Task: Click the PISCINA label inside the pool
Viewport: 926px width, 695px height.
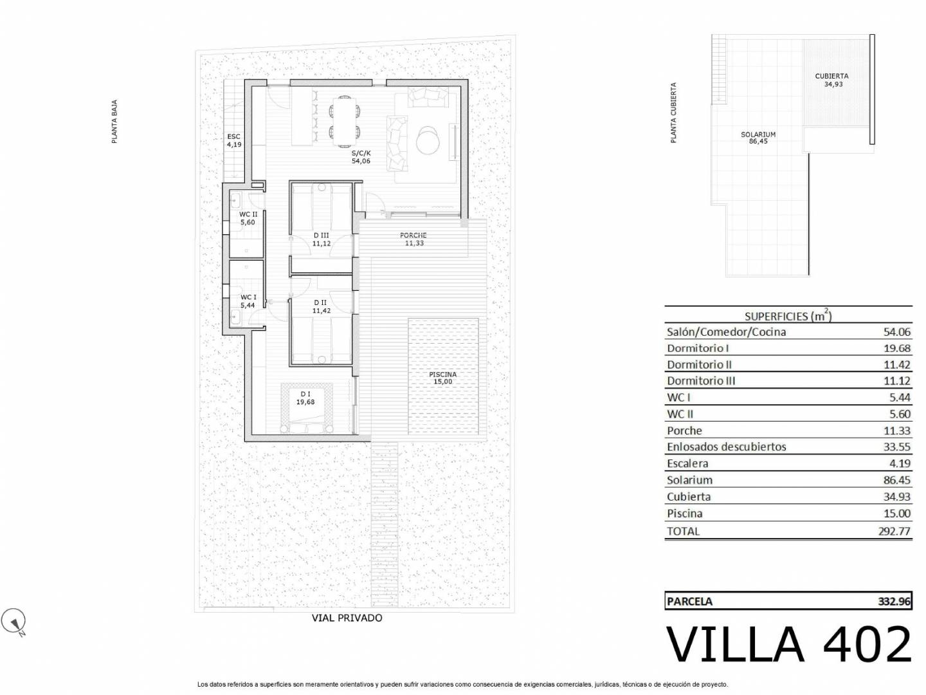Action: tap(442, 378)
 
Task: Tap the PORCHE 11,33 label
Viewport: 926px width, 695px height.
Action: tap(413, 239)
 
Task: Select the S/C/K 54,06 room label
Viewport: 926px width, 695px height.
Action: tap(361, 156)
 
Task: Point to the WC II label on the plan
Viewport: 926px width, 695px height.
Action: tap(248, 214)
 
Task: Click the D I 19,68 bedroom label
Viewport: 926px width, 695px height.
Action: tap(305, 398)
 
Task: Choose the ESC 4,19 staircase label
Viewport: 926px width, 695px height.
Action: tap(233, 140)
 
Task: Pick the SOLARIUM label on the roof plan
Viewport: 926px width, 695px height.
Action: tap(758, 134)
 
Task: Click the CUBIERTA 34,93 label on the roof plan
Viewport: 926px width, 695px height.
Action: tap(831, 80)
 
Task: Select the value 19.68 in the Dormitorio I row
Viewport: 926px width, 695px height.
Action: tap(897, 348)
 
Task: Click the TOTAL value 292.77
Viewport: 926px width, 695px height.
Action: tap(894, 531)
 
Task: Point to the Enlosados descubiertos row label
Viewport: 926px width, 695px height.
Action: tap(727, 447)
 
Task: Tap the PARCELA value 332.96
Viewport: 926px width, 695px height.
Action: tap(894, 601)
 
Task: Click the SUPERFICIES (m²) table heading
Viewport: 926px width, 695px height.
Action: tap(788, 315)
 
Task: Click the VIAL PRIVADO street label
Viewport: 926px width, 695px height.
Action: tap(347, 618)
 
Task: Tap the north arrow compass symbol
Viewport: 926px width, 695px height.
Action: tap(14, 621)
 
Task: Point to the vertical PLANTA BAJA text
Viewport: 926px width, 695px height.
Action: tap(114, 122)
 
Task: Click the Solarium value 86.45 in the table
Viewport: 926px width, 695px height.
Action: tap(897, 480)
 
